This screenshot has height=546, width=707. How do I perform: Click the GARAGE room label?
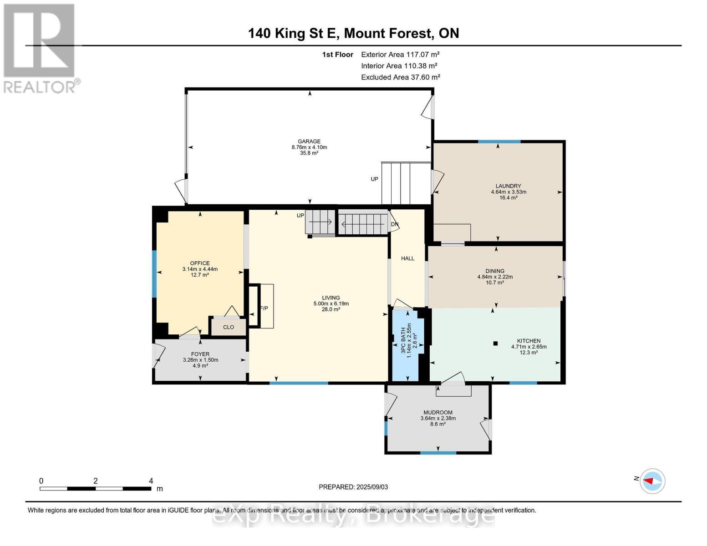click(x=309, y=141)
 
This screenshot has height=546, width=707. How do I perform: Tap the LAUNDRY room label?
click(x=508, y=186)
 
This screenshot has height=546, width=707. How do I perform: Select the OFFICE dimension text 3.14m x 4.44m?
click(x=200, y=269)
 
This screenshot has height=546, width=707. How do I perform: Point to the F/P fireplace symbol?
click(x=260, y=306)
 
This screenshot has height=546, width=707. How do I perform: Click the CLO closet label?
click(x=229, y=327)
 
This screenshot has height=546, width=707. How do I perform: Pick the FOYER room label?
click(x=200, y=354)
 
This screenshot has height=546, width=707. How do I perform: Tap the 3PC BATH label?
click(x=403, y=340)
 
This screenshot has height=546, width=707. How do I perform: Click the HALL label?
click(x=407, y=258)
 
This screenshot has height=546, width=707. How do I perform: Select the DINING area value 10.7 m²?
click(x=495, y=283)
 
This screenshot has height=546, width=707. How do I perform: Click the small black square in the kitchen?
click(x=495, y=343)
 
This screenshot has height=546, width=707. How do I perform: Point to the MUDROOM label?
click(x=438, y=412)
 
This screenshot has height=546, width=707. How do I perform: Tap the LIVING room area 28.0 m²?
click(x=331, y=309)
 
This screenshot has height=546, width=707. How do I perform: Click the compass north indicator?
click(x=648, y=481)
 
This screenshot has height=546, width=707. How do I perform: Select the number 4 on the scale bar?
click(x=151, y=480)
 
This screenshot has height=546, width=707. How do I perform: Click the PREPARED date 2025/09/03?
click(x=372, y=487)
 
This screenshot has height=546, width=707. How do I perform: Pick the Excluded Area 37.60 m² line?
click(x=401, y=77)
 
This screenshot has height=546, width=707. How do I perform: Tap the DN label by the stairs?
click(x=394, y=224)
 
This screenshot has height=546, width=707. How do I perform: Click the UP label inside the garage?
click(x=374, y=179)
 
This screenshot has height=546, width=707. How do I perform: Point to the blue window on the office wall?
click(x=154, y=274)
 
